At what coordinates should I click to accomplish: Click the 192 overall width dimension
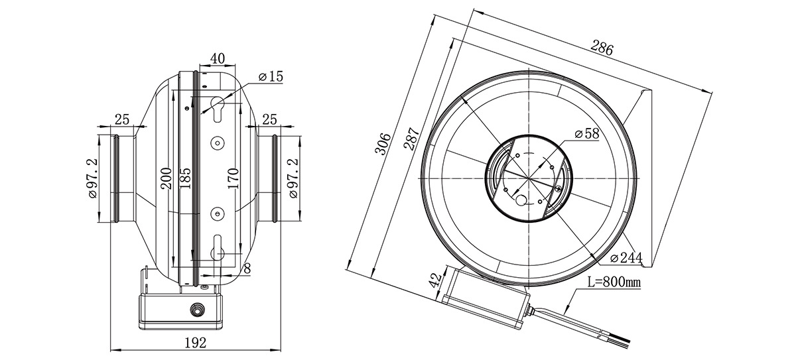(196, 343)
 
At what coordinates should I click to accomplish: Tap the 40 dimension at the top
(218, 58)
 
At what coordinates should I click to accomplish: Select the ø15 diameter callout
(271, 76)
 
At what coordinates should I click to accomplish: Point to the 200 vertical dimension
(166, 178)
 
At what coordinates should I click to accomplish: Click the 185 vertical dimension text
(185, 178)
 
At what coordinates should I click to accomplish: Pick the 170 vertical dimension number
(233, 178)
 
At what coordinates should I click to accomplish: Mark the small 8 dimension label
(247, 269)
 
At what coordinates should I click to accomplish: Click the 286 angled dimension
(602, 48)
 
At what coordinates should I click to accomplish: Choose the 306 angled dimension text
(383, 144)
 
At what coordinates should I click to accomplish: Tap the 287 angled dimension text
(412, 139)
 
